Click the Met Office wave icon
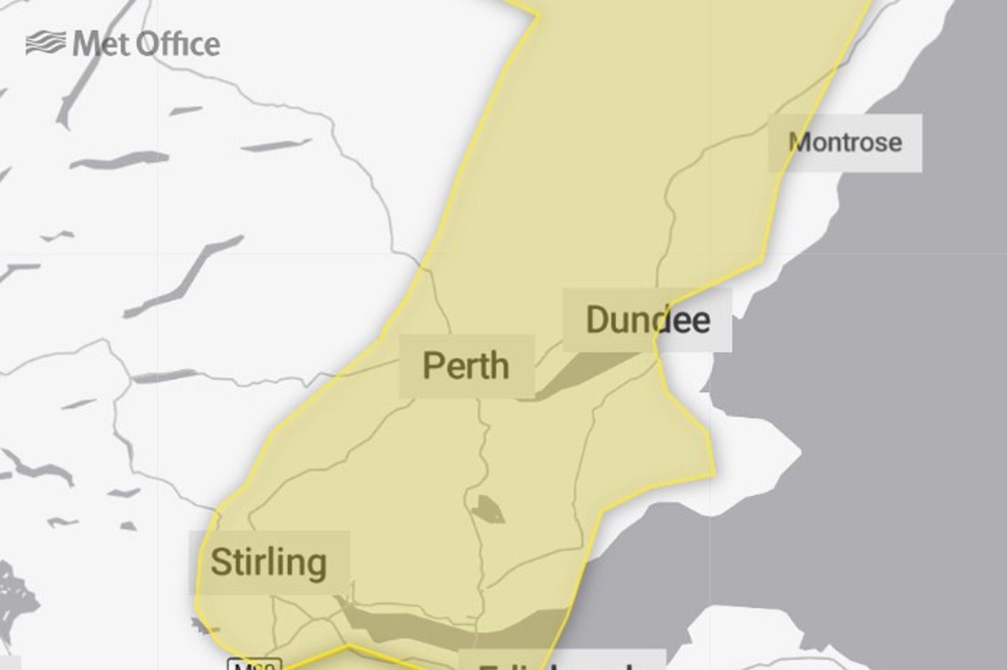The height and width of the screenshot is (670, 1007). tap(45, 43)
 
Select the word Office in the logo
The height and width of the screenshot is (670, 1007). tap(178, 44)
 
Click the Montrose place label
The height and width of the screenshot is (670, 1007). tap(845, 143)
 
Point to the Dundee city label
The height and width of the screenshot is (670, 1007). tap(648, 320)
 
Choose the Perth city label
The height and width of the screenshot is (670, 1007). tap(466, 366)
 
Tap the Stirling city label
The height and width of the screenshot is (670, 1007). tap(269, 562)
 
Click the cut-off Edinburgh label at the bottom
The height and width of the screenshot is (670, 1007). tap(559, 662)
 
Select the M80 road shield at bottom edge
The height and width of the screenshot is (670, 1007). tap(255, 664)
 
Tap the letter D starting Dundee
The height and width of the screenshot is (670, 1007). tap(597, 320)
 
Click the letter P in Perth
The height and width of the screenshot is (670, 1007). tap(433, 366)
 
